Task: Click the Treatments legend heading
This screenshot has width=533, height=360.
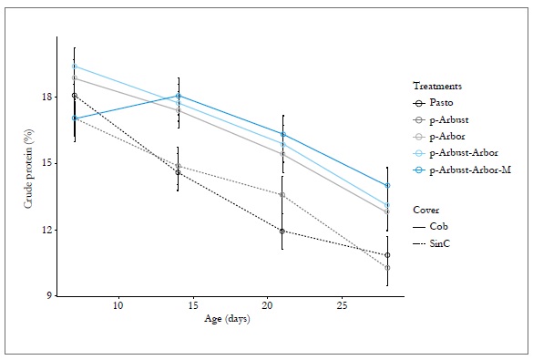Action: point(437,86)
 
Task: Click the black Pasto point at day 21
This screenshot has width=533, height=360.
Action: point(282,231)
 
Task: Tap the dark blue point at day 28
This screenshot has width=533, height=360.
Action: point(387,185)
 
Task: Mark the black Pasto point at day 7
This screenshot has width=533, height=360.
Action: point(75,96)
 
